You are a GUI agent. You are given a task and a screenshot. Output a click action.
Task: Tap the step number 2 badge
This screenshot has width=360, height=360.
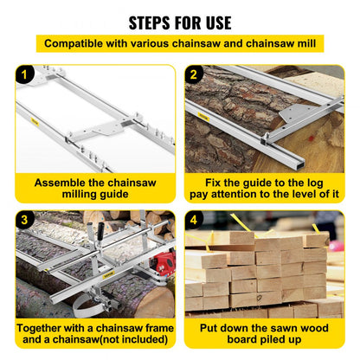[195, 76]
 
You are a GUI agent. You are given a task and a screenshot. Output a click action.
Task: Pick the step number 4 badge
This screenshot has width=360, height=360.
[195, 222]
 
